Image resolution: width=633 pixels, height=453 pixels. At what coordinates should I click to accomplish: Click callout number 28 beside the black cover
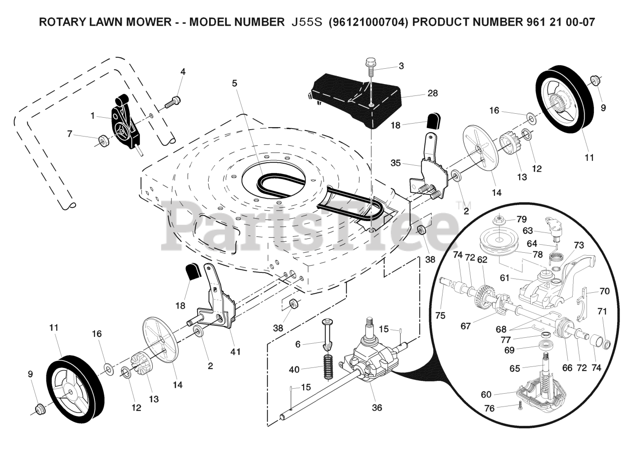pyautogui.click(x=419, y=93)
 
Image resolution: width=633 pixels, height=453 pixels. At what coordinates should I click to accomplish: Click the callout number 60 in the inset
pyautogui.click(x=487, y=394)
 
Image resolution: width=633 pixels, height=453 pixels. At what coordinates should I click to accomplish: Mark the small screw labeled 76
pyautogui.click(x=520, y=407)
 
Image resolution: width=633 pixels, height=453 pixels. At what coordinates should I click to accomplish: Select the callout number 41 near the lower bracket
pyautogui.click(x=235, y=352)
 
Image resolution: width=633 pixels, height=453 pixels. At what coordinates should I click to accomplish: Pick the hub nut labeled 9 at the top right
pyautogui.click(x=596, y=80)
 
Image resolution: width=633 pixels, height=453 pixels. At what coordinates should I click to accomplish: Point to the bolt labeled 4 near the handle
pyautogui.click(x=173, y=102)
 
